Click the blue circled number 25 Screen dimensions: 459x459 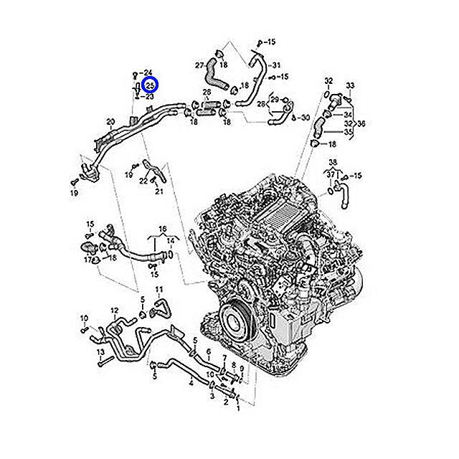(149, 85)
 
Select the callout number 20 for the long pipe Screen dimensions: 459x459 (110, 121)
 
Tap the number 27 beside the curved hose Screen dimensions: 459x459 (200, 65)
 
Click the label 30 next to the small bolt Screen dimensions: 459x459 (306, 118)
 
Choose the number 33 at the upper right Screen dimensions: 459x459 (350, 86)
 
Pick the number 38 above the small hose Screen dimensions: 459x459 (333, 162)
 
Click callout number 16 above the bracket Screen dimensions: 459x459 (162, 228)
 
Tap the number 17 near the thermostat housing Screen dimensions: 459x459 (88, 260)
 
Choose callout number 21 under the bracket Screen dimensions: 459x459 (159, 191)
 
